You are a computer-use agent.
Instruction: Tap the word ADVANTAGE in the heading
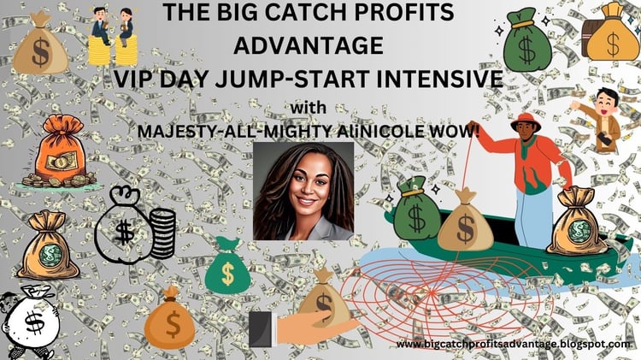point(309,45)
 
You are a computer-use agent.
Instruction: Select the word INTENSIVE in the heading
point(439,79)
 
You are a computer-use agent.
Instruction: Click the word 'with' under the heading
point(309,108)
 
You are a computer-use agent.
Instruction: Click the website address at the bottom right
point(513,344)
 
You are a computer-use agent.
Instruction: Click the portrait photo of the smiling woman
point(303,191)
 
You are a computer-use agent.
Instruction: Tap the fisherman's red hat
point(526,122)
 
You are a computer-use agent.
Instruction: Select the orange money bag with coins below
point(60,151)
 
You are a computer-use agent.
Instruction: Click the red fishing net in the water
point(445,295)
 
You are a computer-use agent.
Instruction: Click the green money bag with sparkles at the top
point(526,39)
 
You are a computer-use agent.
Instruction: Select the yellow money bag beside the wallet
point(612,32)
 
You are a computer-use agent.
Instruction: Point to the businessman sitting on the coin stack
point(101,26)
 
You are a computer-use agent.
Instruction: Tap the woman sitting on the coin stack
point(126,27)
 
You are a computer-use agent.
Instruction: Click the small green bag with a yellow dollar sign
point(227,265)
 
